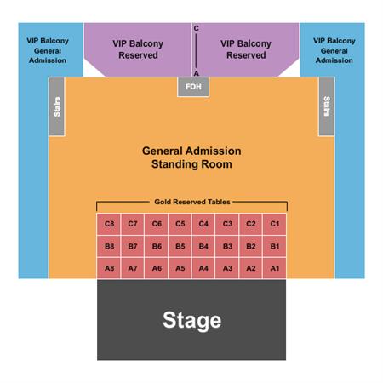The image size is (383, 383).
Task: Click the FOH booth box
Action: point(193,87)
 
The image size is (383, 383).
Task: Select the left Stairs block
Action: point(57,106)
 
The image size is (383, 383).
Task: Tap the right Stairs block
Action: point(327,106)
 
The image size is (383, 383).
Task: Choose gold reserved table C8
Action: point(109,224)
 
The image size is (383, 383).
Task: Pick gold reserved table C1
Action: point(275,224)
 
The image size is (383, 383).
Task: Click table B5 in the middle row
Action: point(180,246)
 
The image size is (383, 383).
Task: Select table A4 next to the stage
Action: point(203,268)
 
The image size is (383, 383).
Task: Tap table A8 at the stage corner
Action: point(109,268)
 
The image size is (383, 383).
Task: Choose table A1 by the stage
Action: point(275,268)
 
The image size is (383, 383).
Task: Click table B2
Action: point(251,246)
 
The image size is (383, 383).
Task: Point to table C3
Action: point(227,224)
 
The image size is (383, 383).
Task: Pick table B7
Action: point(133,246)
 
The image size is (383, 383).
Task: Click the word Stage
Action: point(192,320)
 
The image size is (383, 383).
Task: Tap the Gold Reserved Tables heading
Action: point(192,202)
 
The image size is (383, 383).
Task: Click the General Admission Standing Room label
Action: point(191,157)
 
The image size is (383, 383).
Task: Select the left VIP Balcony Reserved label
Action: point(138,49)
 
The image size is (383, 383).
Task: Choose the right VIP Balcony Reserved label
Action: point(246,49)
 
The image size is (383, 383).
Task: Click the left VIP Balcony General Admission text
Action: point(48,50)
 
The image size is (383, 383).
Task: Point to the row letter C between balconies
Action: point(197,28)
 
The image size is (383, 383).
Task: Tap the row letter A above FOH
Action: point(197,73)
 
